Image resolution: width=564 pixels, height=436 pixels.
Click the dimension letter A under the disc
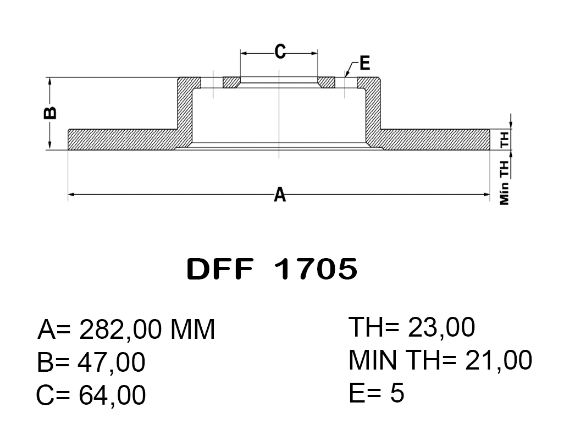point(280,194)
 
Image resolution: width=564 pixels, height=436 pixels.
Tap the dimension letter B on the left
point(49,113)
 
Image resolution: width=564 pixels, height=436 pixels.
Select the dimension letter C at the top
point(280,52)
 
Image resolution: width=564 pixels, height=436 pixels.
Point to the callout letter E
point(364,63)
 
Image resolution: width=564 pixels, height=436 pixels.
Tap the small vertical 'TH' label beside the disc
point(505,139)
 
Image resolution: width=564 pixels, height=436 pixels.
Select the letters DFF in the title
point(220,269)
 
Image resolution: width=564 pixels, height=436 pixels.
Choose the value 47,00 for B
point(113,362)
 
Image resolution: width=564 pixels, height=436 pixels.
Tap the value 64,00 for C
point(113,395)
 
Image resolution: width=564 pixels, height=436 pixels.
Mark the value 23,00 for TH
point(441,328)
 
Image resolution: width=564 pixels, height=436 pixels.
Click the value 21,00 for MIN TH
point(499,360)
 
